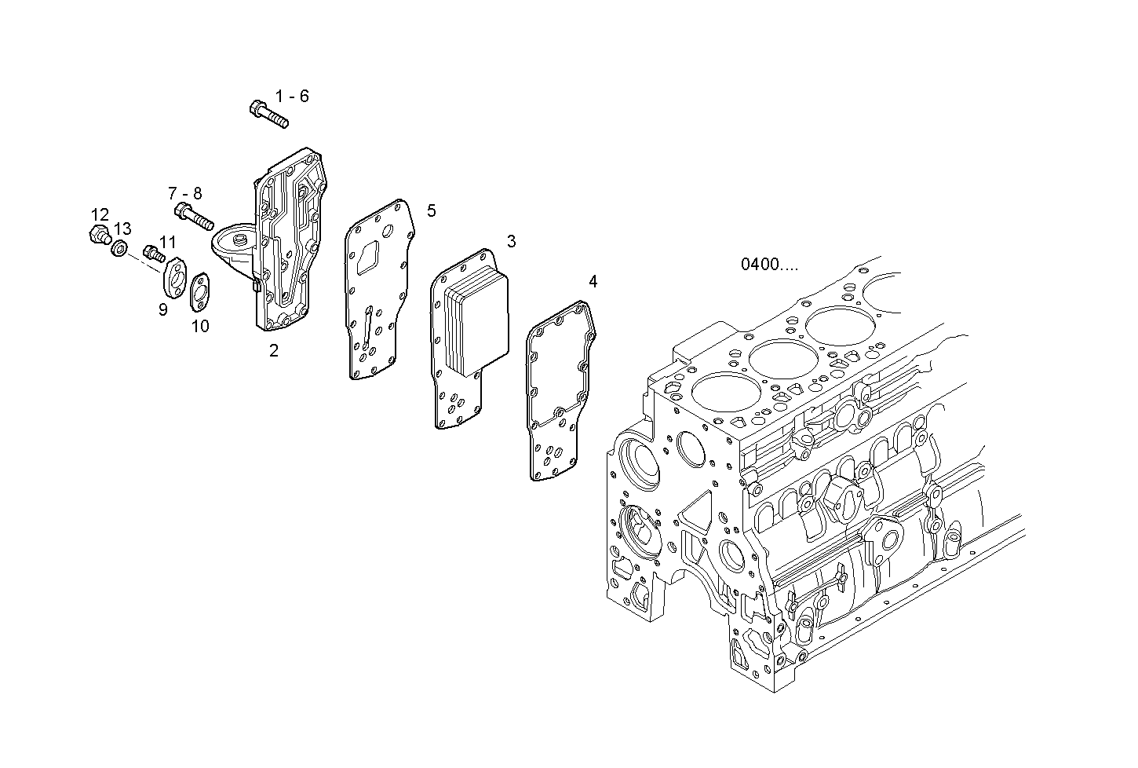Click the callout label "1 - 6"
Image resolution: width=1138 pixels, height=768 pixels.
pyautogui.click(x=292, y=97)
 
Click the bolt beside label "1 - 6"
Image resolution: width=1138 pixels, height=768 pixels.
pyautogui.click(x=268, y=113)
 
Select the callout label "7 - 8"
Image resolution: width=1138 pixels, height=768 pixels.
pyautogui.click(x=184, y=193)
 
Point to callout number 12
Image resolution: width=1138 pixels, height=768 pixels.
pyautogui.click(x=100, y=214)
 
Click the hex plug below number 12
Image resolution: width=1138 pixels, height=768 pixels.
pyautogui.click(x=99, y=234)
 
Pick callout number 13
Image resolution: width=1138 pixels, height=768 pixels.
pyautogui.click(x=122, y=229)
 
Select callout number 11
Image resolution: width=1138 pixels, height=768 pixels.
pyautogui.click(x=167, y=242)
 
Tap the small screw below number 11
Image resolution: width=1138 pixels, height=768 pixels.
pyautogui.click(x=154, y=254)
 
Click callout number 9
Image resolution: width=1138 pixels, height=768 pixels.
pyautogui.click(x=162, y=309)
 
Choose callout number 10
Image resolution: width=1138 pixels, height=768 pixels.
pyautogui.click(x=200, y=325)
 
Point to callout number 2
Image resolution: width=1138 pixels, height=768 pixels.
pyautogui.click(x=274, y=351)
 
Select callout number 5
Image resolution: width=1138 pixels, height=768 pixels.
pyautogui.click(x=431, y=210)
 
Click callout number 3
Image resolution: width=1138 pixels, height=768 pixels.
pyautogui.click(x=511, y=241)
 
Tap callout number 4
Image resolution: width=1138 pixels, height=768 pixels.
pyautogui.click(x=593, y=281)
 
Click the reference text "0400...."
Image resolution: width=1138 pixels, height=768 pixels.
pyautogui.click(x=769, y=265)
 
